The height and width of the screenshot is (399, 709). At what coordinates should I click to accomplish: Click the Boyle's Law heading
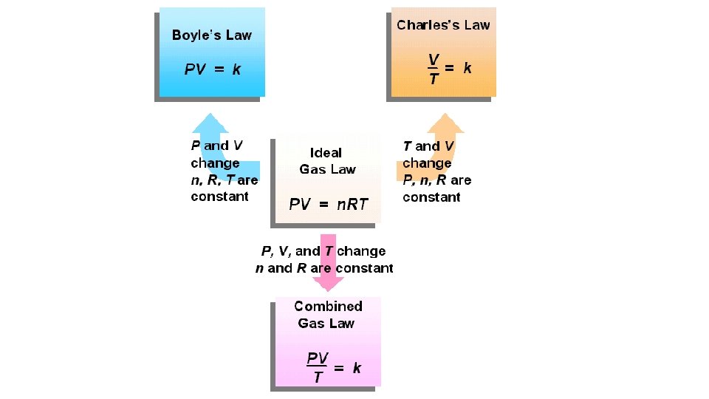point(211,35)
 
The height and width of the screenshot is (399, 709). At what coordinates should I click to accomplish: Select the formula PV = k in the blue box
point(213,69)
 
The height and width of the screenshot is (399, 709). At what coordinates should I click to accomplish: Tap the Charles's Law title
point(443,24)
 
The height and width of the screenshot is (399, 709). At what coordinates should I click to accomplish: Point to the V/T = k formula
point(449,68)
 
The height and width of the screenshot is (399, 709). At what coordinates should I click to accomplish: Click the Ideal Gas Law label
point(326,161)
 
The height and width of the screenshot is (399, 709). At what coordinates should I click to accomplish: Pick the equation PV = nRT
point(328,204)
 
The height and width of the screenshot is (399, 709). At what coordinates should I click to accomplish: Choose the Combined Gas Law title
point(327,314)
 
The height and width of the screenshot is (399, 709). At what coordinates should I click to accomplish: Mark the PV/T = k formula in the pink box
point(333,367)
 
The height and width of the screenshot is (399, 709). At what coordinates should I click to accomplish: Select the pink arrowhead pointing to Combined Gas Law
point(328,283)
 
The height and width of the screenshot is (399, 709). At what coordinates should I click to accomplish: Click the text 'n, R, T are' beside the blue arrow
point(224,180)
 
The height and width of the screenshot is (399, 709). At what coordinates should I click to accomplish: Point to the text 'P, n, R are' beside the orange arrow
point(436,180)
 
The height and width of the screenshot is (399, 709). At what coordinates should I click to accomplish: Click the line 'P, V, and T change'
point(323,251)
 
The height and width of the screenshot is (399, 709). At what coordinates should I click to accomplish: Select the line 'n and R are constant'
point(323,268)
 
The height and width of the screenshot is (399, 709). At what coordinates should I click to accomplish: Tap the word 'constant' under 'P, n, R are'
point(431,197)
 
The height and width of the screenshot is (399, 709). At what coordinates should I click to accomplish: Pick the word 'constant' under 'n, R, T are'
point(219,197)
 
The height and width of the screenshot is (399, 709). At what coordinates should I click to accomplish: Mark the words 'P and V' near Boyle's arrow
point(216,146)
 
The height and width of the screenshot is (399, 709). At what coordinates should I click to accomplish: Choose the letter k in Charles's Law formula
point(467,68)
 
